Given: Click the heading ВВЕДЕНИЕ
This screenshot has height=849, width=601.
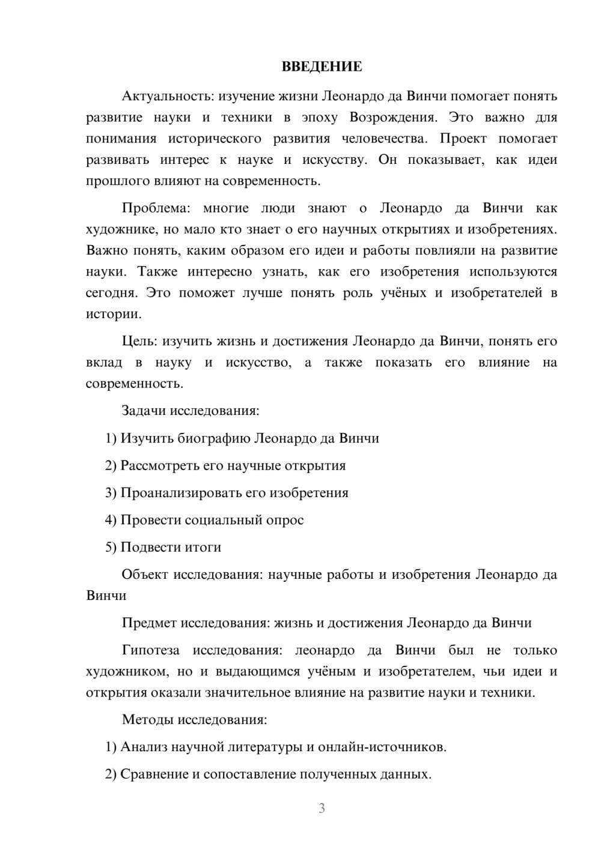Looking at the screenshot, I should coord(322,67).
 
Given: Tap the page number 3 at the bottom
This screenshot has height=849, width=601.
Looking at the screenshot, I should coord(322,809).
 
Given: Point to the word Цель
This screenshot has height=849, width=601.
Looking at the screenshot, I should coord(139,342).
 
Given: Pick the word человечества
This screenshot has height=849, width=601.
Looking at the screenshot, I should coord(385,139).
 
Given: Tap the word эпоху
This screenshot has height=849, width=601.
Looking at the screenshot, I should coord(320,117).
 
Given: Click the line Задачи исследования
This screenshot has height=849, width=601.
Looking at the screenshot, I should coord(191,411).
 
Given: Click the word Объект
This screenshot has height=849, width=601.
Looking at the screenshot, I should coord(144,575).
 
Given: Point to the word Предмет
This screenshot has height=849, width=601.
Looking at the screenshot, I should coord(149,623).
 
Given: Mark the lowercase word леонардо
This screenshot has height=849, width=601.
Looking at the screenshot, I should coord(325,650).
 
